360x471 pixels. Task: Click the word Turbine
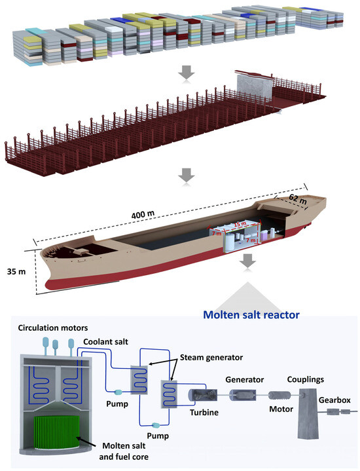[205, 412]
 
